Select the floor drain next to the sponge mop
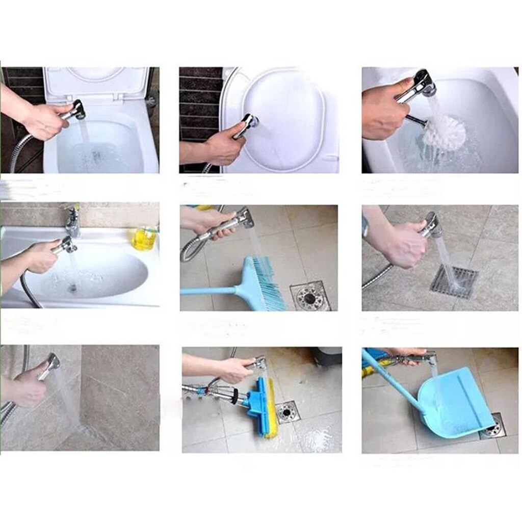[x=287, y=412]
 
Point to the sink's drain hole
[x=72, y=288]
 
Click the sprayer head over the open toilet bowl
[x=77, y=110]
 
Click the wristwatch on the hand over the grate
[x=365, y=225]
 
